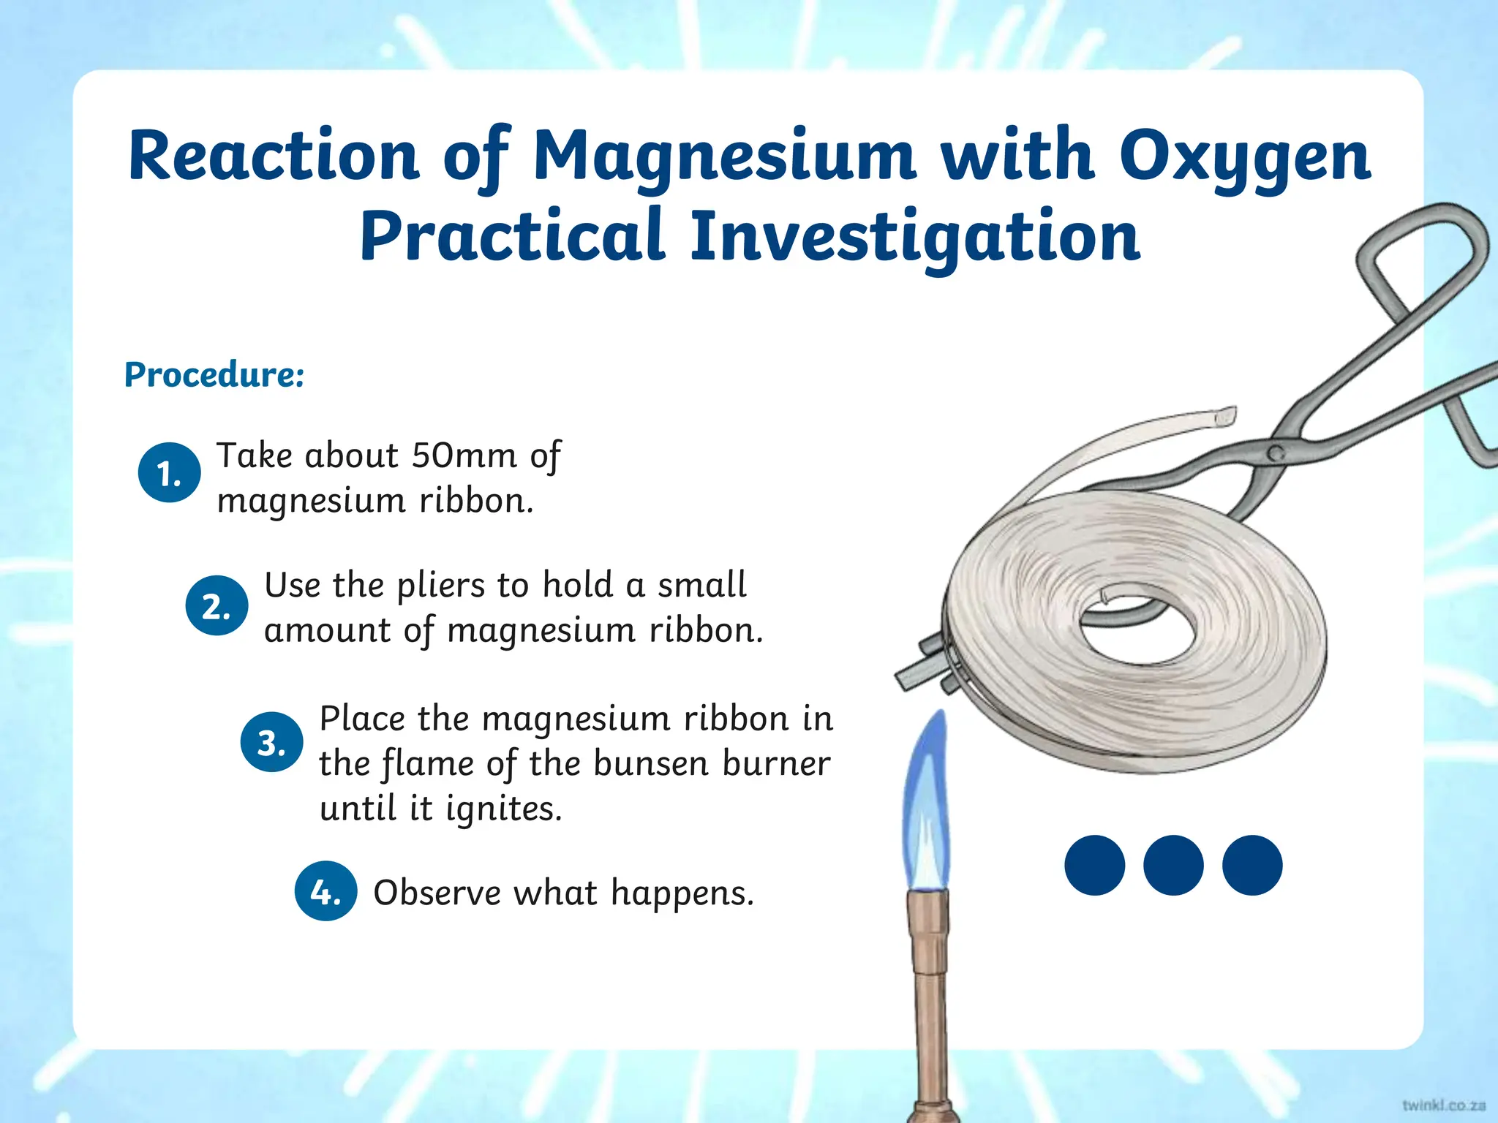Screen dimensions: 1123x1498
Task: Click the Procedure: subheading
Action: click(x=214, y=375)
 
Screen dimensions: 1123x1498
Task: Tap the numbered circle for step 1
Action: click(x=169, y=473)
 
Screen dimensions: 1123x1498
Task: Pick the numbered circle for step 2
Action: click(x=217, y=605)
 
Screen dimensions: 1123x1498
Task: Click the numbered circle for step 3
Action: click(x=271, y=742)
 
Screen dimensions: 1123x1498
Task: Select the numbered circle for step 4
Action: click(x=325, y=891)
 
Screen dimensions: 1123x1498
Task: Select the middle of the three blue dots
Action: click(x=1173, y=865)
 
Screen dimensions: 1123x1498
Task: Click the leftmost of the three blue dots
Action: click(x=1094, y=865)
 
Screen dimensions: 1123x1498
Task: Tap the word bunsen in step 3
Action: click(x=651, y=764)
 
